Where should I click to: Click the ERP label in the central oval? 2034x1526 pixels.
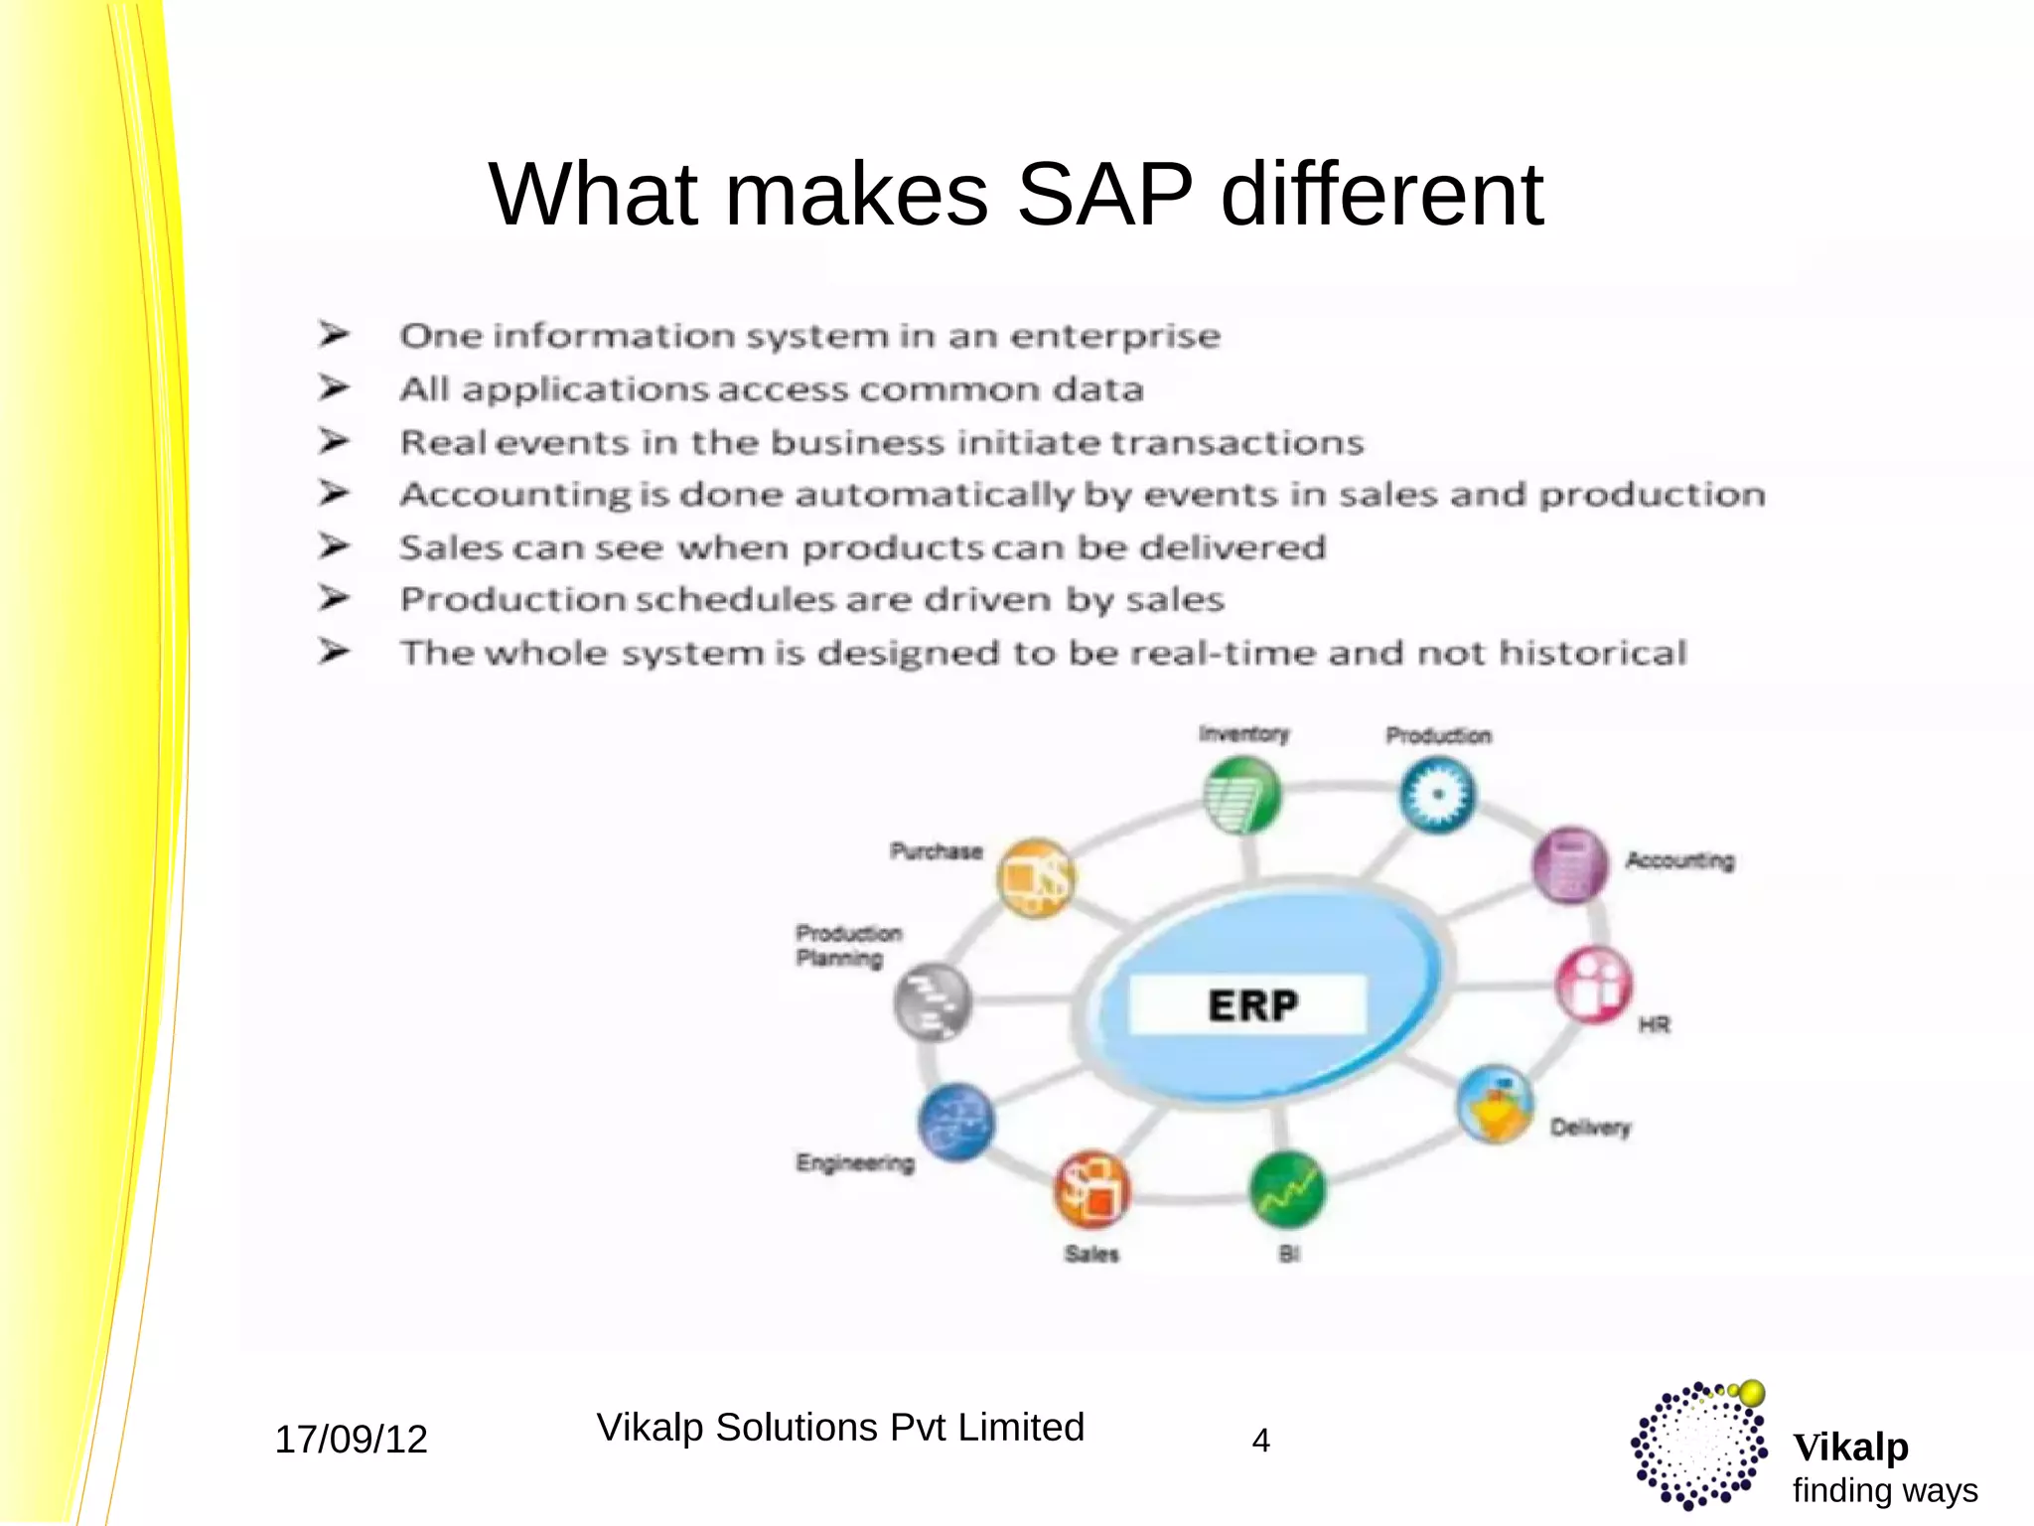[x=1251, y=1005]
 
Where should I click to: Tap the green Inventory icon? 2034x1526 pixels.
[x=1240, y=795]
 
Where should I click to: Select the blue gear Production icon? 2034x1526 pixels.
[x=1437, y=795]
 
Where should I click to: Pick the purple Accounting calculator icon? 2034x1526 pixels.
[x=1570, y=864]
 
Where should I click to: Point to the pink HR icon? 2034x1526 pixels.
[x=1594, y=985]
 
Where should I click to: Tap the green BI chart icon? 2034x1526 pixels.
[x=1287, y=1189]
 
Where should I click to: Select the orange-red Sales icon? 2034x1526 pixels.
[x=1091, y=1189]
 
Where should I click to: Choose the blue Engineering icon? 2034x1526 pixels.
[x=955, y=1123]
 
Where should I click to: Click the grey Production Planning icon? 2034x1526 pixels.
[x=932, y=1001]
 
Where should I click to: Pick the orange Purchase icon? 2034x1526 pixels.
[x=1036, y=878]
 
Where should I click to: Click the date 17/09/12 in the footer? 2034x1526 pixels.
[x=351, y=1440]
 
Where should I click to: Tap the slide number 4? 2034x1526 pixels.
[x=1260, y=1441]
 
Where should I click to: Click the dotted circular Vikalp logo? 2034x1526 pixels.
[x=1698, y=1446]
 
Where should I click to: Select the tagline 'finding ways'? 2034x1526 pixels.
[x=1884, y=1491]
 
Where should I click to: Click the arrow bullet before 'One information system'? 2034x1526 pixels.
[x=334, y=334]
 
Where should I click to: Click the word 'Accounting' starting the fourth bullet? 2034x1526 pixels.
[x=514, y=495]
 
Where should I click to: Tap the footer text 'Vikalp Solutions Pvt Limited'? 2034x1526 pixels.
[x=840, y=1428]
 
